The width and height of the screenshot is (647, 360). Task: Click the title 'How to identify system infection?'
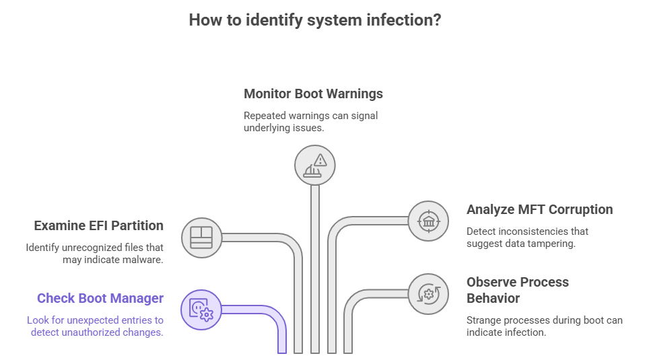point(315,20)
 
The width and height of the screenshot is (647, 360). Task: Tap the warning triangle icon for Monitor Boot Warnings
point(315,165)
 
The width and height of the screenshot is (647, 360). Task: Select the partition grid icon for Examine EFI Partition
point(201,238)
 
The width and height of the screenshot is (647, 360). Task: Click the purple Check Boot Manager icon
point(201,310)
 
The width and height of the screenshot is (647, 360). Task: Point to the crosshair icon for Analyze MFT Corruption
point(428,221)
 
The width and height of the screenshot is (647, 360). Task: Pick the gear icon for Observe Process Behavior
point(428,293)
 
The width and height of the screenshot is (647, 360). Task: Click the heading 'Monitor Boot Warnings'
point(313,94)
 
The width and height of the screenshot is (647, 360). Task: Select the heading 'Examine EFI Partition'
point(98,225)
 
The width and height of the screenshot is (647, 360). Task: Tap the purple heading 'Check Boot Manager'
point(100,298)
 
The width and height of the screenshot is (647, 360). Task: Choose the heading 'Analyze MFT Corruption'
point(539,209)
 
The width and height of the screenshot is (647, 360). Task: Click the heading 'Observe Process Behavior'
point(518,289)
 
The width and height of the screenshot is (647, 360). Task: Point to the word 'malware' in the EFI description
point(144,260)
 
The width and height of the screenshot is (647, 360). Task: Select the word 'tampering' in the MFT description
point(552,244)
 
